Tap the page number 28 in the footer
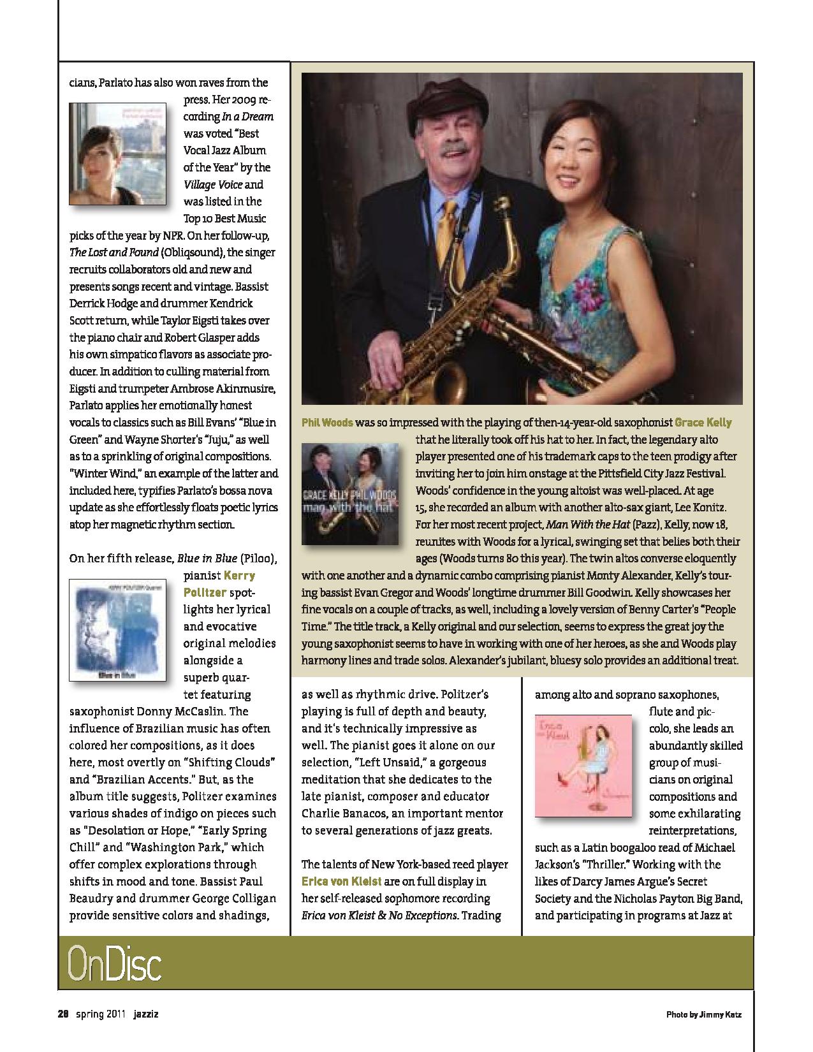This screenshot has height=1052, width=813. (x=63, y=1014)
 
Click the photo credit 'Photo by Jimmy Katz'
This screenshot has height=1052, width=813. (x=703, y=1014)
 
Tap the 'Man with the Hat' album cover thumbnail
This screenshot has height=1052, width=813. (x=350, y=494)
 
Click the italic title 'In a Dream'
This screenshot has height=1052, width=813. (x=247, y=117)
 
